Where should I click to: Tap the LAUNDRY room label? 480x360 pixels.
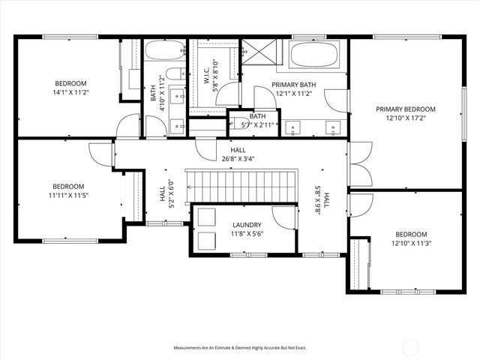point(247,225)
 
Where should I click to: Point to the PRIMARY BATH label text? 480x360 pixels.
point(294,85)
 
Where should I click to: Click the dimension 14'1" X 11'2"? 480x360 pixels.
point(70,92)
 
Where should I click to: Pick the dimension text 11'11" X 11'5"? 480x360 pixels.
point(67,196)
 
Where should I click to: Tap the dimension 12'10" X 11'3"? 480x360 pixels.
point(410,244)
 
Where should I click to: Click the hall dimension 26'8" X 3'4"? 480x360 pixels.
point(238,158)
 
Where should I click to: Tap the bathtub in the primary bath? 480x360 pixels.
point(314,54)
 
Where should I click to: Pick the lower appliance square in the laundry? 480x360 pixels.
point(204,241)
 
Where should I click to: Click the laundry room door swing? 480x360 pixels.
point(283,217)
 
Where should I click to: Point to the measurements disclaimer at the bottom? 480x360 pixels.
point(240,348)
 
